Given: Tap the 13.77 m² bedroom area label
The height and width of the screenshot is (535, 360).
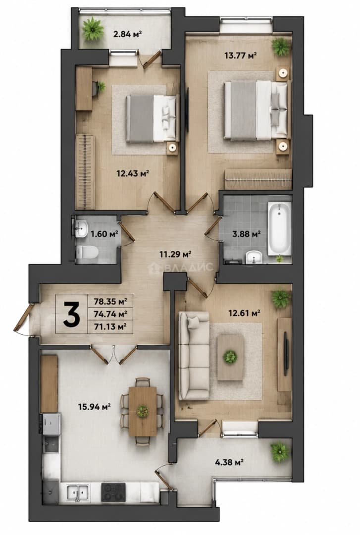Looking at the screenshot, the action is click(x=241, y=55).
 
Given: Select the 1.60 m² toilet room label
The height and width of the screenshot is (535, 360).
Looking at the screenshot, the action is click(x=104, y=234).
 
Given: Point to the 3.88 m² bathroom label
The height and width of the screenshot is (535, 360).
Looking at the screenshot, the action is click(x=247, y=234).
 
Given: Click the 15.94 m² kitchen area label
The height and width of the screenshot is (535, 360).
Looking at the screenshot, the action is click(x=94, y=406).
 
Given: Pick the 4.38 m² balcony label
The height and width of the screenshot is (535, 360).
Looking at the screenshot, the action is click(x=229, y=462).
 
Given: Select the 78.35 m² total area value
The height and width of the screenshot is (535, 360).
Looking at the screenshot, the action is click(x=110, y=302).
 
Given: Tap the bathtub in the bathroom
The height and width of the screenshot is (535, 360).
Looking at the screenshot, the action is click(x=279, y=228).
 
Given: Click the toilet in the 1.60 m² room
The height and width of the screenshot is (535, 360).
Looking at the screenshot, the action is click(x=87, y=253).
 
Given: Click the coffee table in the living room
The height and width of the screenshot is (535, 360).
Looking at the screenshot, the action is click(x=230, y=357).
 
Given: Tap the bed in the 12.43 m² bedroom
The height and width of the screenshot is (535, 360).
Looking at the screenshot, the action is click(x=152, y=118).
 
